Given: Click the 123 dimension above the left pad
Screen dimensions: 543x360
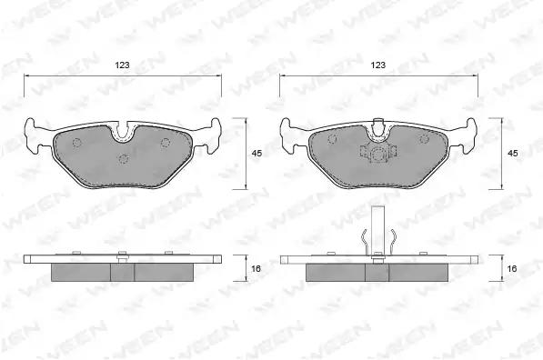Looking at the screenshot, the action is tap(122, 65).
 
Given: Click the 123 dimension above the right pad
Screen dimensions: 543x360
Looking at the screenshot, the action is tap(378, 65).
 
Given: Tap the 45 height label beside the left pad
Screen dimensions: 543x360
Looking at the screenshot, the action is tap(256, 154).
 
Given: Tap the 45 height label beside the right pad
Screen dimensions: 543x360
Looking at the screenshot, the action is tap(512, 154).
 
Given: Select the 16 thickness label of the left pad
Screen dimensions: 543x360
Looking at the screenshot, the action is tap(256, 268).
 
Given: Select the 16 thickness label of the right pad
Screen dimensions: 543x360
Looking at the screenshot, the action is tap(512, 268).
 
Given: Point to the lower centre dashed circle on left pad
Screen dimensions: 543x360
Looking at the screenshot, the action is tap(123, 159).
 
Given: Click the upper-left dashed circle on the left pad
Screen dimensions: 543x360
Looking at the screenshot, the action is tap(77, 143).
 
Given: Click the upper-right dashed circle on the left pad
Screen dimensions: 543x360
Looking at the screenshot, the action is tap(166, 143).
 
